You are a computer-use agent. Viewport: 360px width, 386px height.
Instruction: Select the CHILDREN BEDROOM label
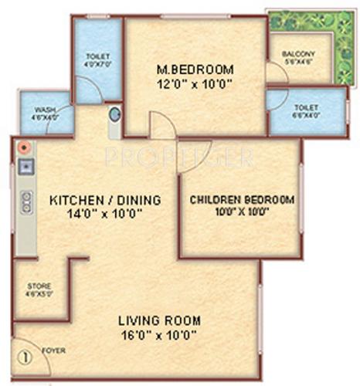pyautogui.click(x=242, y=200)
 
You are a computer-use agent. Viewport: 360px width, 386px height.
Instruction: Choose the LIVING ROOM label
pyautogui.click(x=159, y=320)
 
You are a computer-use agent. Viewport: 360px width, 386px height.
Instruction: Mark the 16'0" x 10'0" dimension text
pyautogui.click(x=159, y=334)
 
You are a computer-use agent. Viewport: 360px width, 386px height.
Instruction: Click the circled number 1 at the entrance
pyautogui.click(x=25, y=357)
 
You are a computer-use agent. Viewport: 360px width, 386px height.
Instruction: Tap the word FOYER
pyautogui.click(x=54, y=350)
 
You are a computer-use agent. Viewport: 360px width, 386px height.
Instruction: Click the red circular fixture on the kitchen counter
pyautogui.click(x=25, y=147)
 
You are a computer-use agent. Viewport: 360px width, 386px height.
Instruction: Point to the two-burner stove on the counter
pyautogui.click(x=25, y=201)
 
